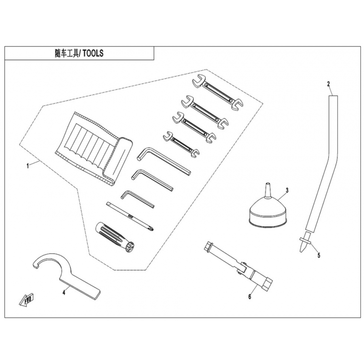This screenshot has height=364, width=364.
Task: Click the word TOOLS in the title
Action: tap(93, 53)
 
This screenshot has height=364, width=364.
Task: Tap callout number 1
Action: tap(28, 166)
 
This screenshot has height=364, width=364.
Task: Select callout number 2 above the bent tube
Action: tap(328, 84)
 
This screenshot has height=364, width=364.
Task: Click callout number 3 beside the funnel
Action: tap(287, 190)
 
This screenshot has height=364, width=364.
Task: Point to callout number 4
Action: tap(64, 293)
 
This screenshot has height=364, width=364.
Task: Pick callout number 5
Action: tap(319, 255)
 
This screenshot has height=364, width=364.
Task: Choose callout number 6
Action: tap(249, 297)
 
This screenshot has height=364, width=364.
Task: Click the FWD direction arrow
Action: tap(26, 300)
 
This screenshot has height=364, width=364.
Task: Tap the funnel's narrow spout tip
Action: tap(267, 184)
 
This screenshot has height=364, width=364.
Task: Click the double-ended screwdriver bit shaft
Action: tap(131, 217)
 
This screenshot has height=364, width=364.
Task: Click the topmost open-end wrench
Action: tap(217, 92)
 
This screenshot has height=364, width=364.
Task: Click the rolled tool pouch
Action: tap(93, 149)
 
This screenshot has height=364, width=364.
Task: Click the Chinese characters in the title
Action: tap(67, 53)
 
